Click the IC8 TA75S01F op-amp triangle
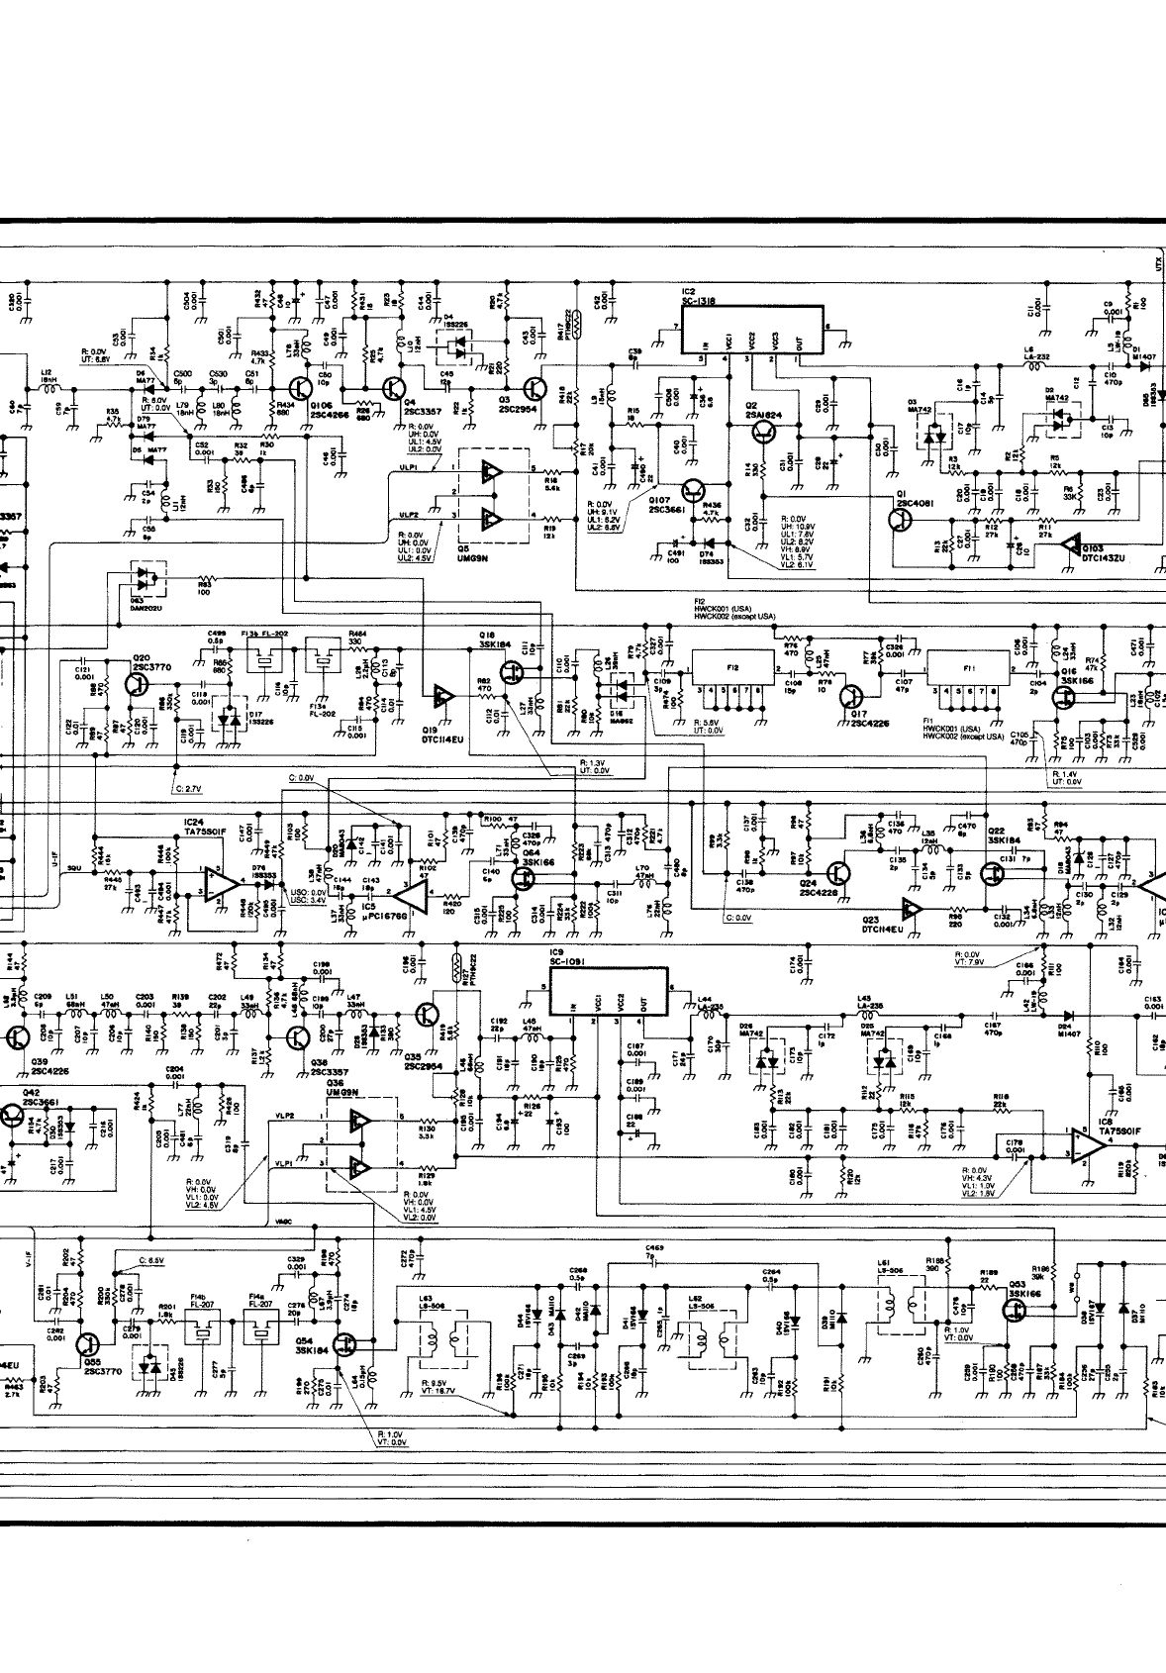(1089, 1144)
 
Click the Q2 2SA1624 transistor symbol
(764, 431)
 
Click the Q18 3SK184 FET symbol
(513, 673)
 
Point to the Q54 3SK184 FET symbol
(345, 1343)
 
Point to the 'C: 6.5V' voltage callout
(144, 1261)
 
